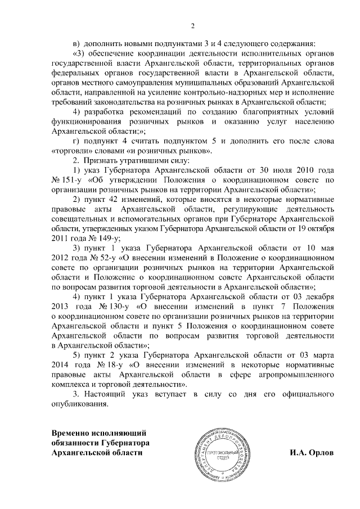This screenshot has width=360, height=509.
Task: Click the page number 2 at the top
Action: click(193, 25)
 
